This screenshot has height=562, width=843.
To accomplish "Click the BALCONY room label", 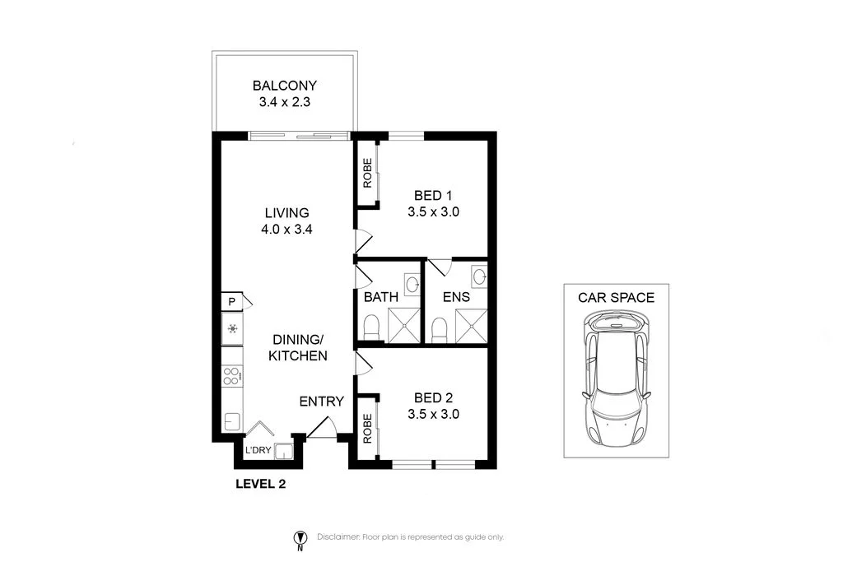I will click(x=284, y=86).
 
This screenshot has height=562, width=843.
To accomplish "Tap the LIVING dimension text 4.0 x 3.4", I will click(x=286, y=230).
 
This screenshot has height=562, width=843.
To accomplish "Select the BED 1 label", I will click(x=433, y=195).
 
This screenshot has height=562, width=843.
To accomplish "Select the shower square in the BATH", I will click(x=403, y=325).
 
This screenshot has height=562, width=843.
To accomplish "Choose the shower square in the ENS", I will click(x=469, y=325).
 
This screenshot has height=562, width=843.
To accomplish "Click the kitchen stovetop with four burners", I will click(x=232, y=377).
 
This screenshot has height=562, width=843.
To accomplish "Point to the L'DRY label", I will click(x=258, y=450).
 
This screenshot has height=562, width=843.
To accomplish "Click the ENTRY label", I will click(x=321, y=402).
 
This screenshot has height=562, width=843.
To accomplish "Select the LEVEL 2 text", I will click(x=260, y=484).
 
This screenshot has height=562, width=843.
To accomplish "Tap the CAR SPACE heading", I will click(x=616, y=298).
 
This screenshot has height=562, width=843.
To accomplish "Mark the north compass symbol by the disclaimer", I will click(x=300, y=539).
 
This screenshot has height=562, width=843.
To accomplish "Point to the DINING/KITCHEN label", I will click(x=300, y=348).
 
